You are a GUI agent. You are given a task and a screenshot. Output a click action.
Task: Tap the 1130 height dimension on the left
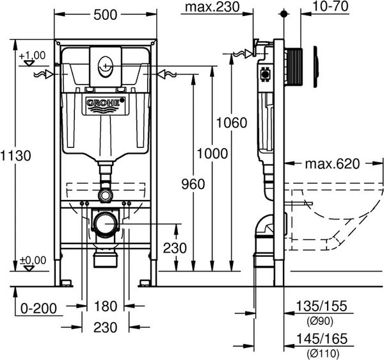[x=16, y=156]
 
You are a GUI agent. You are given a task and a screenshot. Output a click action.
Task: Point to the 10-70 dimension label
[x=346, y=7]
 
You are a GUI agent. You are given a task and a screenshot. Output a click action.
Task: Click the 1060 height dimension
[x=231, y=123]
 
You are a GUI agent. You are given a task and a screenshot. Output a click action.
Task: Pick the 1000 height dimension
[x=212, y=154]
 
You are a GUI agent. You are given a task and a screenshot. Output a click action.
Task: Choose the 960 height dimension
[x=193, y=184]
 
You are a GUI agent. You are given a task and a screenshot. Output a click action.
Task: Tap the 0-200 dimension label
[x=36, y=308]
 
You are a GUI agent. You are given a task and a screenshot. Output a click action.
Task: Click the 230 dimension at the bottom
[x=105, y=327]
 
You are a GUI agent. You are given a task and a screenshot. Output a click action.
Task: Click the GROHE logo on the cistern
[x=105, y=102]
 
